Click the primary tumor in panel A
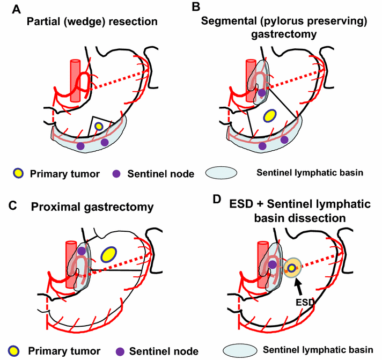[x=98, y=127]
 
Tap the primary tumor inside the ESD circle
[x=291, y=267]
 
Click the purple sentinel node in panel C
[x=81, y=251]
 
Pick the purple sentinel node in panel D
[x=273, y=265]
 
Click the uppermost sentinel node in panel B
[x=261, y=93]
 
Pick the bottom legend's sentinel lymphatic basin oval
[x=241, y=350]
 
